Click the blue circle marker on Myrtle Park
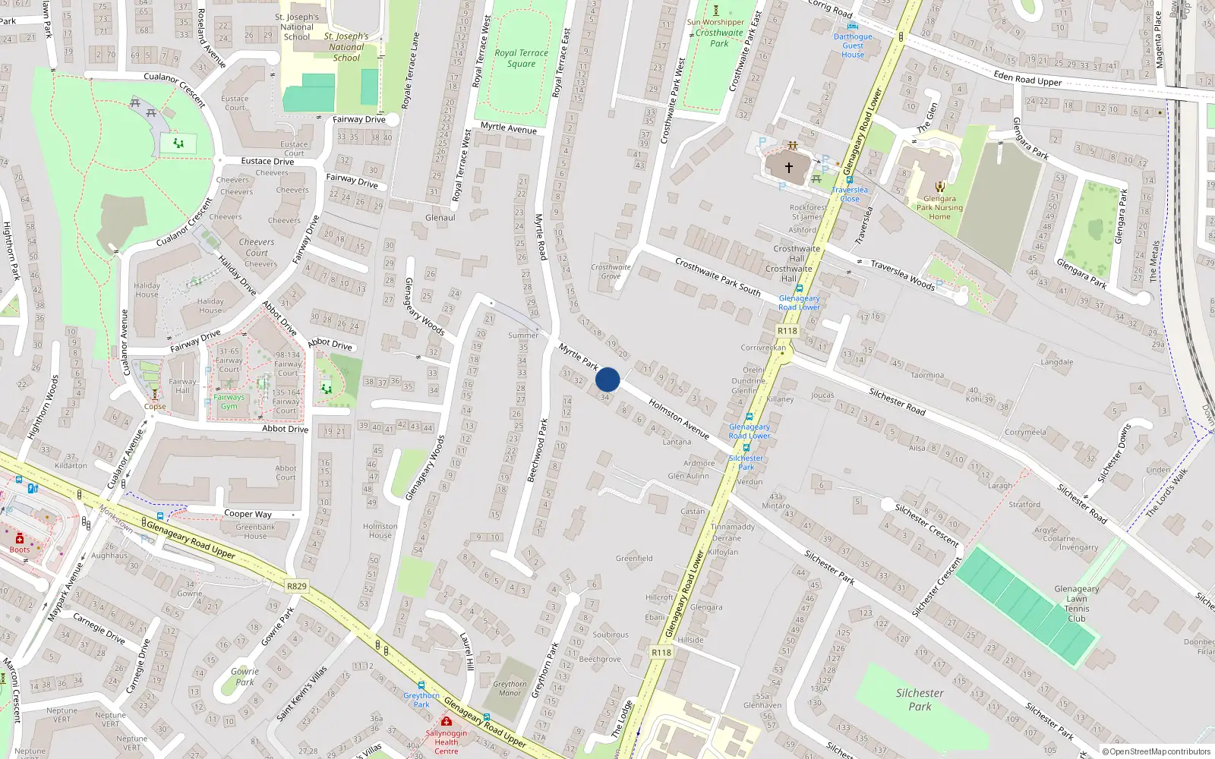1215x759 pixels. pyautogui.click(x=607, y=379)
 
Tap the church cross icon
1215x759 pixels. pyautogui.click(x=788, y=167)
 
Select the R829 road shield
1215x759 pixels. pyautogui.click(x=297, y=586)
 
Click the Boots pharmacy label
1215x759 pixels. pyautogui.click(x=20, y=550)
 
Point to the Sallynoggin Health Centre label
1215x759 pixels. pyautogui.click(x=447, y=742)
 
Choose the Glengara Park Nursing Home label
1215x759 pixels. pyautogui.click(x=939, y=207)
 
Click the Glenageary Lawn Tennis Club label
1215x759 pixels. pyautogui.click(x=1076, y=603)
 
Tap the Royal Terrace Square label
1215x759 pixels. pyautogui.click(x=521, y=58)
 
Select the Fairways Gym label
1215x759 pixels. pyautogui.click(x=229, y=402)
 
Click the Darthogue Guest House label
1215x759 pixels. pyautogui.click(x=853, y=46)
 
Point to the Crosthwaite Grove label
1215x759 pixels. pyautogui.click(x=611, y=272)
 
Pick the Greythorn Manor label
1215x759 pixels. pyautogui.click(x=510, y=688)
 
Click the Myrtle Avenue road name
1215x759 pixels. pyautogui.click(x=508, y=128)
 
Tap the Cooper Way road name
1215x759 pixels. pyautogui.click(x=248, y=514)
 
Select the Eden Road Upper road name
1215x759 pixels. pyautogui.click(x=1027, y=78)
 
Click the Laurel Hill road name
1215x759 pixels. pyautogui.click(x=467, y=651)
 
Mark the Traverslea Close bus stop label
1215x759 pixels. pyautogui.click(x=850, y=194)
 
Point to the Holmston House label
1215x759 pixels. pyautogui.click(x=380, y=531)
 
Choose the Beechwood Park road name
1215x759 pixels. pyautogui.click(x=538, y=450)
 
